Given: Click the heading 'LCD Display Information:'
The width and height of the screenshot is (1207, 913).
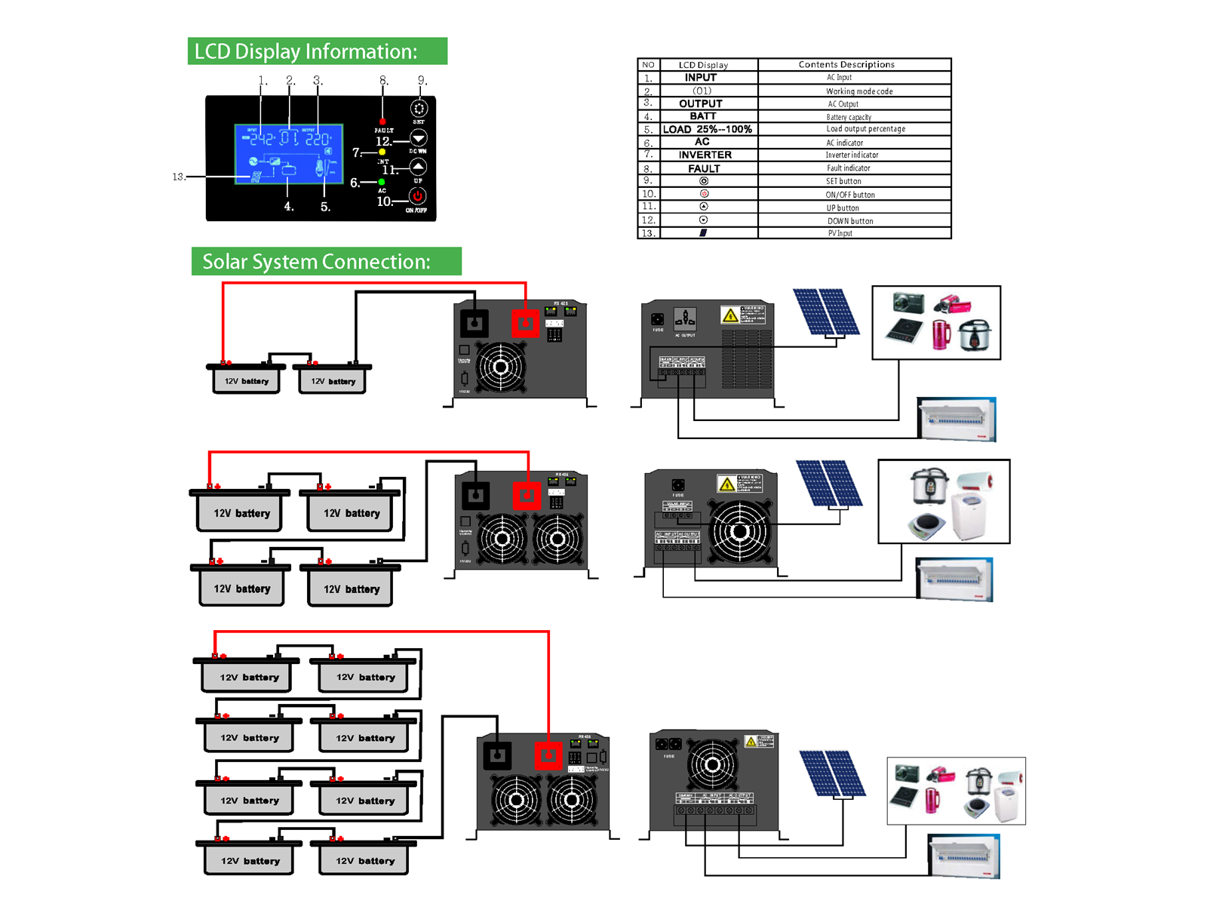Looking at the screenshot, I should click(317, 51).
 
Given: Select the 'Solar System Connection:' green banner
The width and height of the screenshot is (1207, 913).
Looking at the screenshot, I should click(326, 261).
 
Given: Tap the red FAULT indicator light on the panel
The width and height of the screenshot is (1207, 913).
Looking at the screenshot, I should click(382, 121).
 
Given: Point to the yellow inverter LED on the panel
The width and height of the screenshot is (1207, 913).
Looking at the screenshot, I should click(382, 152).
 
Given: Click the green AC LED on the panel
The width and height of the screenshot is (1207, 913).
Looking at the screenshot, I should click(382, 182).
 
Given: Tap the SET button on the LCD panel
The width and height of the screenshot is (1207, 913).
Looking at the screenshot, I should click(419, 109).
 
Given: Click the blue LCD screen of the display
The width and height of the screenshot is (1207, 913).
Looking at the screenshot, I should click(289, 154).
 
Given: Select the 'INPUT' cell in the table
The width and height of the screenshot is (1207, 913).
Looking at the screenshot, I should click(701, 78).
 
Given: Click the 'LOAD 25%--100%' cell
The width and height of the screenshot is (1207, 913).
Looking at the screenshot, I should click(707, 129).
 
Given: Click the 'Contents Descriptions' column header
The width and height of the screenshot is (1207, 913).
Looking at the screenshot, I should click(846, 65).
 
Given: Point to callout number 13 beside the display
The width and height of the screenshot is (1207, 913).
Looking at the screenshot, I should click(178, 177).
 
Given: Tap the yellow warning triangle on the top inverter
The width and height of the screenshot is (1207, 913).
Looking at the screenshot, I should click(729, 315).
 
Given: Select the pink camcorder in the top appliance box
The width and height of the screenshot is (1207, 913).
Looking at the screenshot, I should click(952, 304).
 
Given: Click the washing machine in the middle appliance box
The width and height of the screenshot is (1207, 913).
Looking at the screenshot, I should click(969, 516).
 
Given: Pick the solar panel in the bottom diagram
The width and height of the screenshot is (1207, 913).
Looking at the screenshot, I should click(832, 773).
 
